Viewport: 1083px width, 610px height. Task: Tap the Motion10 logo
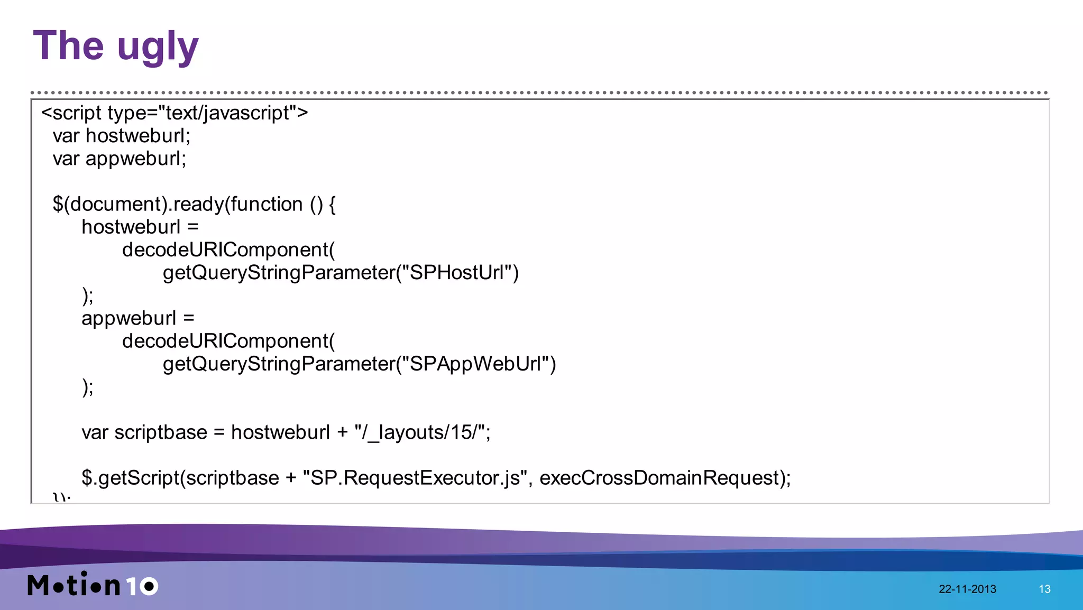tap(93, 585)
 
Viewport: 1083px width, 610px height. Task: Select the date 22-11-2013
tap(967, 589)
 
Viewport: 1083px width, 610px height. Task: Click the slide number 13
tap(1044, 589)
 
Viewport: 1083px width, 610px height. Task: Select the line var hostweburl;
tap(121, 136)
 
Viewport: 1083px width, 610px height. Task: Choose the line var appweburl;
tap(119, 159)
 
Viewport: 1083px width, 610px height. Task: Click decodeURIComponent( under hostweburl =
tap(228, 250)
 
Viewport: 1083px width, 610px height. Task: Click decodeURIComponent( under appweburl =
tap(228, 341)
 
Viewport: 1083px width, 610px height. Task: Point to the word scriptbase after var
tap(161, 432)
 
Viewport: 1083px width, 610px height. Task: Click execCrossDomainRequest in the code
tap(659, 478)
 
